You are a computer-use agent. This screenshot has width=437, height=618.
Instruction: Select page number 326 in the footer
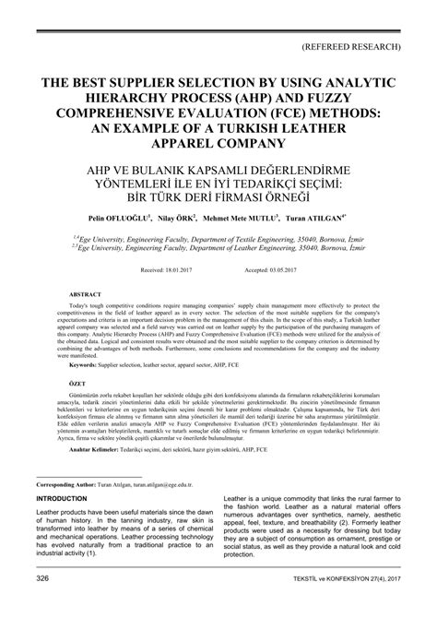click(42, 603)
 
